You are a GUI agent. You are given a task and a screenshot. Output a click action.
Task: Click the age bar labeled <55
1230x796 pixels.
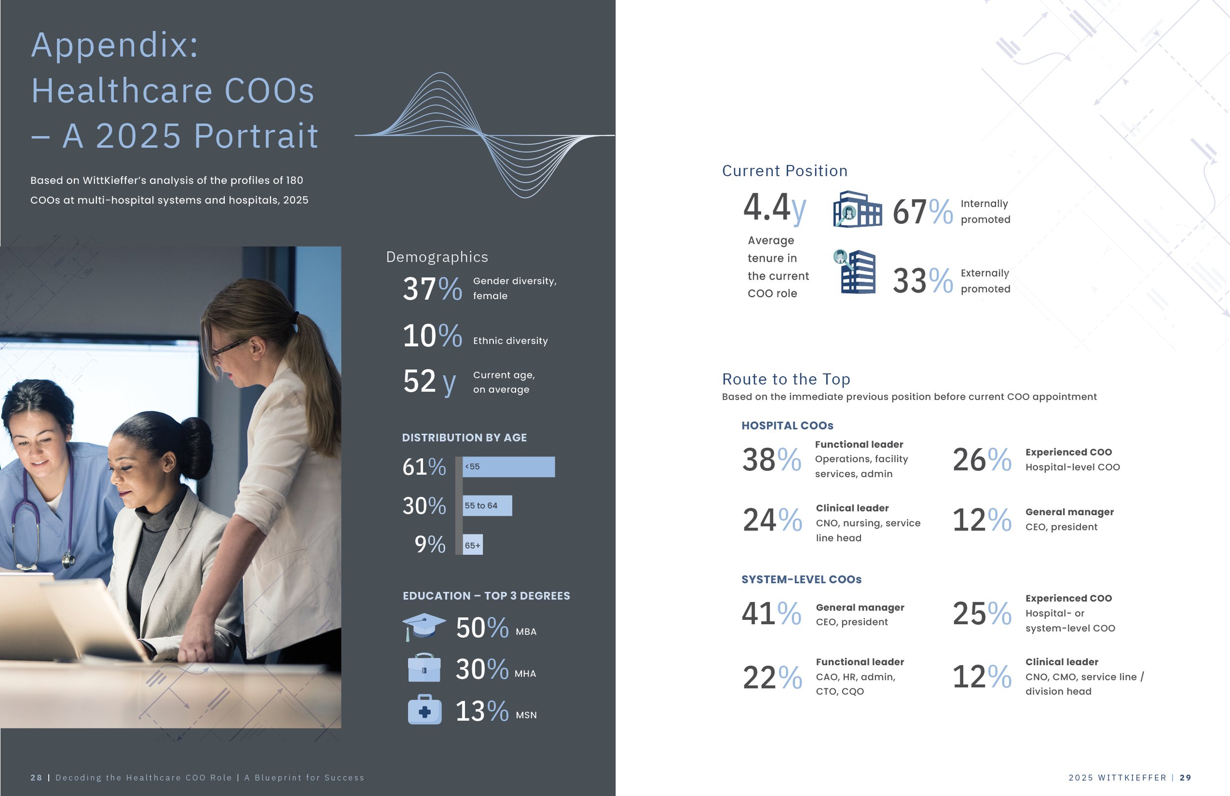[509, 467]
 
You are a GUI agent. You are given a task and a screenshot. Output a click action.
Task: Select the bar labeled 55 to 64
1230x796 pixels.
[488, 506]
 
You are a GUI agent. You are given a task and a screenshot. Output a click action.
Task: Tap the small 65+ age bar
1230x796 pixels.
[473, 545]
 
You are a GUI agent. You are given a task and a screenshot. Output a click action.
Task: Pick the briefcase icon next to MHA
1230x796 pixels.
[424, 668]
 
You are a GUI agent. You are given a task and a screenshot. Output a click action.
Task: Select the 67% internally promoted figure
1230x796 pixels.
[922, 212]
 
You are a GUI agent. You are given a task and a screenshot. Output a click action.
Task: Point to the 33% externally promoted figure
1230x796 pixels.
[922, 281]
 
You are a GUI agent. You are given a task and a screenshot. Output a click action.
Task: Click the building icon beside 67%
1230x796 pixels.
[858, 210]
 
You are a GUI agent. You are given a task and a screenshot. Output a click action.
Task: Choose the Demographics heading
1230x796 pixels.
[437, 257]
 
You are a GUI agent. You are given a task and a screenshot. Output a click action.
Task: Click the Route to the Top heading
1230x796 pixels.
[786, 379]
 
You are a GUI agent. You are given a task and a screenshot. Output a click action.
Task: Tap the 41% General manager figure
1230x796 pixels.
[771, 613]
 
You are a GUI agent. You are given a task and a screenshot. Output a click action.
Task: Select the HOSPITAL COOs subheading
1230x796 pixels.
[787, 426]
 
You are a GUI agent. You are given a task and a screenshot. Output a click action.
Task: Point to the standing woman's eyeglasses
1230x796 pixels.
[227, 349]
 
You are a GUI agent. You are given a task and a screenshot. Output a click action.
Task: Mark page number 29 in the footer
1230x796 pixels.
[1186, 777]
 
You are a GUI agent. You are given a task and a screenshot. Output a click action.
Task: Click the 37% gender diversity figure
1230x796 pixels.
[432, 288]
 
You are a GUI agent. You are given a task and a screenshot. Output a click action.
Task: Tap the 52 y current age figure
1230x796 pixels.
[429, 381]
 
